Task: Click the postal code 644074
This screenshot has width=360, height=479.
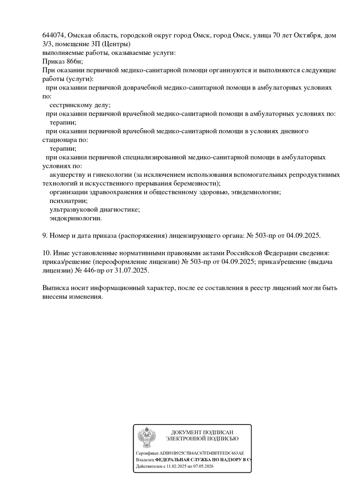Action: point(54,35)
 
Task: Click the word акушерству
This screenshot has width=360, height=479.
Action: point(67,175)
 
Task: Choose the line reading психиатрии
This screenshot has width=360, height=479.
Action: point(69,201)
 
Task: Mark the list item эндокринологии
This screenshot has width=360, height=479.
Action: point(76,219)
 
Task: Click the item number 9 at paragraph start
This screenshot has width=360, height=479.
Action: point(44,236)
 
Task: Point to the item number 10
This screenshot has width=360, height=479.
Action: point(46,254)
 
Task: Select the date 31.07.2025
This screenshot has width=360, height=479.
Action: point(133,271)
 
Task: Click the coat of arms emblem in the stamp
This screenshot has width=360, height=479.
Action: point(147,438)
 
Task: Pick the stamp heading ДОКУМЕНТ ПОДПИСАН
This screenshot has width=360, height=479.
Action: point(202,432)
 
